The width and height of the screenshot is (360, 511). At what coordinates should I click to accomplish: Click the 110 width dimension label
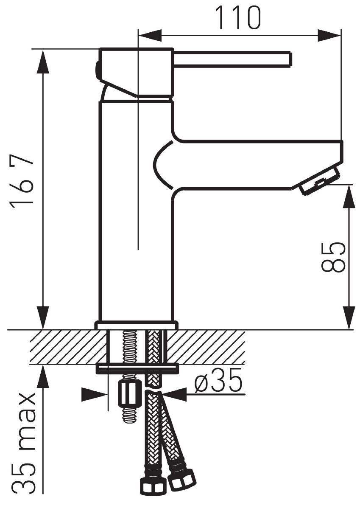point(237,17)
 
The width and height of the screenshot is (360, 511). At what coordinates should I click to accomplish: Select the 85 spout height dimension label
point(333,257)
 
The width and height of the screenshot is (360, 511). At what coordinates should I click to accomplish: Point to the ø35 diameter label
point(218,385)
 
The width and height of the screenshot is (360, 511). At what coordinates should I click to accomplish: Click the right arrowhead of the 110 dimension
point(329,35)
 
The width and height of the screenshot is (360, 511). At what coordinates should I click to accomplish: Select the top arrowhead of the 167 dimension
point(43,62)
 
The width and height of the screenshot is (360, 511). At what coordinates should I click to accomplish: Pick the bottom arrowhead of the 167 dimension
point(43,318)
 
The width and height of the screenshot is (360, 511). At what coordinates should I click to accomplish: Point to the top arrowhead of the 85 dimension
point(349,197)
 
